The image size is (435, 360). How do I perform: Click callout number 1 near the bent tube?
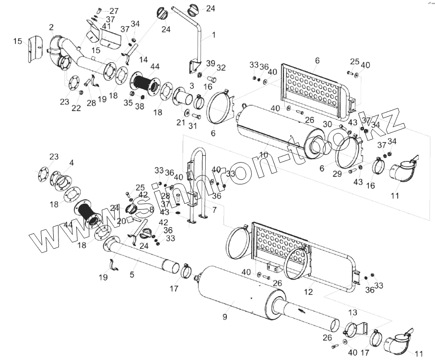(214, 35)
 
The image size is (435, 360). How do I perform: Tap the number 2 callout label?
(51, 27)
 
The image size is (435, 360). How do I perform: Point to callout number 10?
(263, 155)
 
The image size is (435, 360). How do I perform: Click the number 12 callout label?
(309, 291)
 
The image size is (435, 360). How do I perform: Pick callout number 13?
(353, 313)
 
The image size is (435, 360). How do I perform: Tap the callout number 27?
(114, 11)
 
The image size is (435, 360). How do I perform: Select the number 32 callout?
(221, 67)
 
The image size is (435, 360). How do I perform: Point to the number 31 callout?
(192, 126)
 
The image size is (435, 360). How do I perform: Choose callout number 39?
(211, 64)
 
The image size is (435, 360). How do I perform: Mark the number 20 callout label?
(121, 221)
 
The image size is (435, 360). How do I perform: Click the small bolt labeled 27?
(98, 10)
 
